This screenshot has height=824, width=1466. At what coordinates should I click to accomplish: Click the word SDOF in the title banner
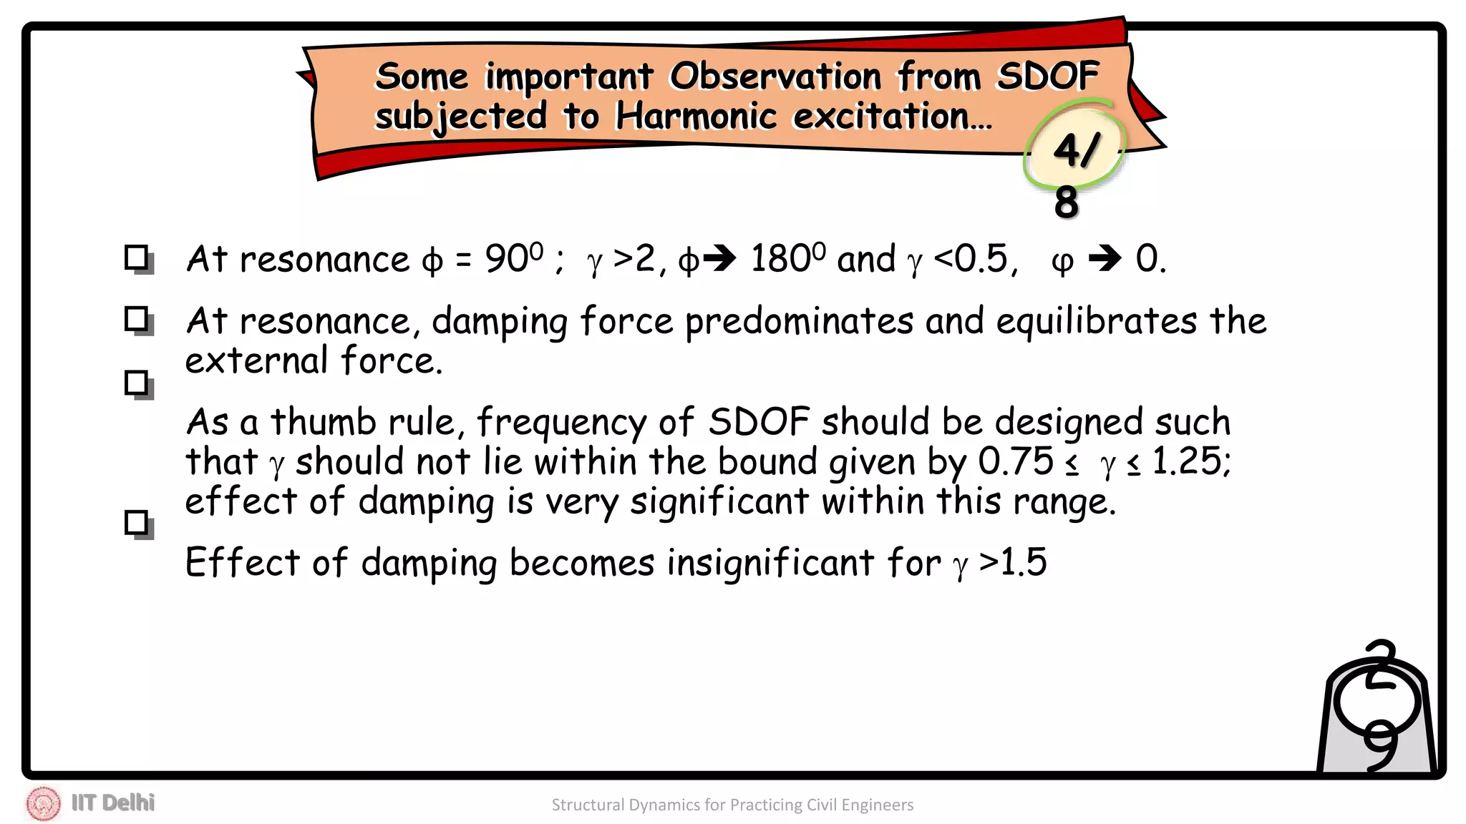click(1048, 76)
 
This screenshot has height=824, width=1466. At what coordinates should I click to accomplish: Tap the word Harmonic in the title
click(696, 116)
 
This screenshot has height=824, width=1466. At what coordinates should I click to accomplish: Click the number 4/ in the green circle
click(1075, 150)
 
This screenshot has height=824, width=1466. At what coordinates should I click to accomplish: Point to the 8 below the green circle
click(1066, 202)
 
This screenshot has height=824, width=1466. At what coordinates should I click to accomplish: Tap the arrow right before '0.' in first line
click(1105, 258)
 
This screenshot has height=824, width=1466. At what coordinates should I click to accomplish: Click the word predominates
click(799, 320)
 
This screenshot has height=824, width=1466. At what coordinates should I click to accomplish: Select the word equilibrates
click(1096, 320)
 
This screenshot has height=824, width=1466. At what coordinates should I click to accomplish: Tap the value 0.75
click(1016, 461)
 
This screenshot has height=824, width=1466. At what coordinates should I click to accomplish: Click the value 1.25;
click(1191, 461)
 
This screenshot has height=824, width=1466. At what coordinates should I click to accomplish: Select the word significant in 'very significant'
click(719, 501)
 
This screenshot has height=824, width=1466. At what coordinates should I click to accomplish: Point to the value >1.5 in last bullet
click(1013, 562)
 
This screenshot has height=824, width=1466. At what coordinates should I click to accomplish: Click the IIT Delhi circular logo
click(44, 803)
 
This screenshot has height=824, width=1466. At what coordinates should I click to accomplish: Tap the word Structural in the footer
click(588, 805)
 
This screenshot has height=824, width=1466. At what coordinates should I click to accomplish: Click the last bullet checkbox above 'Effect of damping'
click(137, 524)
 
